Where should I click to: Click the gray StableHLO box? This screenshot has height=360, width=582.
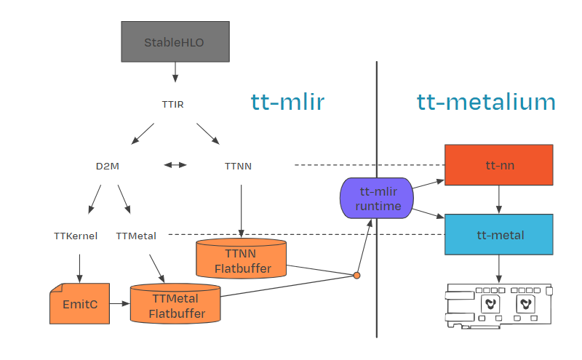(x=175, y=41)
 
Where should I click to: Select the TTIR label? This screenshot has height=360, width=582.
(x=172, y=104)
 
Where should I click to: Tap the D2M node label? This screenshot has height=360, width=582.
(x=108, y=166)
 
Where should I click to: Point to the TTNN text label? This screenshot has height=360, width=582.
(x=238, y=166)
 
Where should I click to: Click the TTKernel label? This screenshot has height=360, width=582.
(x=76, y=236)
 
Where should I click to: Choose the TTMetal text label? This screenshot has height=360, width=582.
(x=136, y=236)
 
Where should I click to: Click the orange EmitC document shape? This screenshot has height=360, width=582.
(x=80, y=303)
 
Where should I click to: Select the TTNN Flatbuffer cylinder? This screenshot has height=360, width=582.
(x=242, y=258)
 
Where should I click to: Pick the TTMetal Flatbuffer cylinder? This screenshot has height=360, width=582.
(x=175, y=303)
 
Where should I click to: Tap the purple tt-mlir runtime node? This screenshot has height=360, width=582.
(x=377, y=199)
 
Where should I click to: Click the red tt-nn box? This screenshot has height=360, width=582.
(x=499, y=165)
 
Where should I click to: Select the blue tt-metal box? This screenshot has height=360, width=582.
(x=499, y=234)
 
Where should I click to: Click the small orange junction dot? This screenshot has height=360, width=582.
(x=356, y=276)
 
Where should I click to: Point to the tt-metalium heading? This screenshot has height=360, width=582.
(x=486, y=102)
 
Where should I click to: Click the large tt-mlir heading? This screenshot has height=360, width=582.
(x=287, y=102)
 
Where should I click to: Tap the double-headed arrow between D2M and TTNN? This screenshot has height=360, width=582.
(x=175, y=165)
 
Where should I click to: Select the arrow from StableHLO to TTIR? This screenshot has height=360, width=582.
(x=175, y=72)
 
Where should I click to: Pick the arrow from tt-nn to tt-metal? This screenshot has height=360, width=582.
(x=499, y=199)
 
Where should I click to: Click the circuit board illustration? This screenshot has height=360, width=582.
(x=499, y=305)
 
